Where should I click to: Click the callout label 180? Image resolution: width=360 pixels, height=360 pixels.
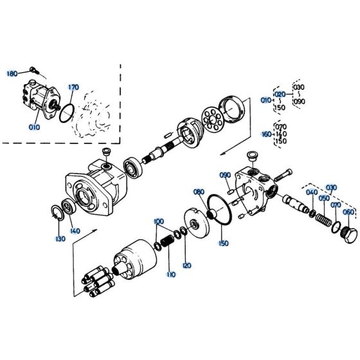[x=12, y=74]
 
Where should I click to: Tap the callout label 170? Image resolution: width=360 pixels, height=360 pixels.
[x=73, y=87]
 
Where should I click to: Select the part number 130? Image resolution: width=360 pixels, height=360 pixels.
[x=60, y=239]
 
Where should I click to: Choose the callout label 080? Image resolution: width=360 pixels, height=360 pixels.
[x=199, y=192]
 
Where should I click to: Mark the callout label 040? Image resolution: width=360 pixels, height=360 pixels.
[x=312, y=192]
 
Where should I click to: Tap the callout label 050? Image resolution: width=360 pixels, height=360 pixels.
[x=325, y=199]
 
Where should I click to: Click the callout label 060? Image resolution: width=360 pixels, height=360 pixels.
[x=348, y=212]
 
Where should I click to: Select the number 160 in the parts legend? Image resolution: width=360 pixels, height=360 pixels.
[x=266, y=135]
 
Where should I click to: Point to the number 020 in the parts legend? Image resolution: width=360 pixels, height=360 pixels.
[x=280, y=94]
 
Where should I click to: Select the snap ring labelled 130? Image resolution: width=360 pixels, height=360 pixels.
[x=57, y=213]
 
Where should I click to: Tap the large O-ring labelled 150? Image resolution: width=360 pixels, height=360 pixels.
[x=218, y=212]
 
